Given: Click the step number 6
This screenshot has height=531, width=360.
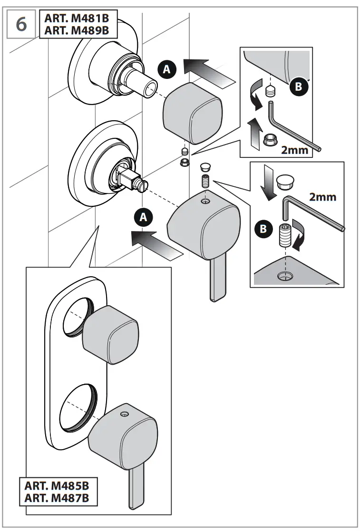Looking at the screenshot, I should click(x=21, y=24).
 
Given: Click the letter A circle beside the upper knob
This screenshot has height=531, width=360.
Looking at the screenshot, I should click(x=166, y=69).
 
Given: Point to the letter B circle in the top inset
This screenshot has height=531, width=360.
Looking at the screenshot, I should click(x=298, y=87).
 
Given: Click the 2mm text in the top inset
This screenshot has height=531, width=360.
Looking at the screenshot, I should click(x=297, y=151).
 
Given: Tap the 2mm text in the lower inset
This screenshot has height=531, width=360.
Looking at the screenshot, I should click(x=322, y=196).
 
